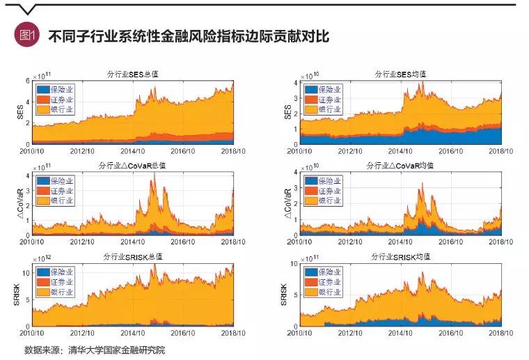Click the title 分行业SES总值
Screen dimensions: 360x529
pyautogui.click(x=133, y=74)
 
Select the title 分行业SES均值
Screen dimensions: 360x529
pyautogui.click(x=400, y=74)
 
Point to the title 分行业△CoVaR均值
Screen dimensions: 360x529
pyautogui.click(x=400, y=166)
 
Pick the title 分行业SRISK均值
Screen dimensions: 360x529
pyautogui.click(x=400, y=258)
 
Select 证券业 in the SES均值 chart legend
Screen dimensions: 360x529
pyautogui.click(x=329, y=100)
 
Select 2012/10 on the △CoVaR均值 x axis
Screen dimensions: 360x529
pyautogui.click(x=350, y=242)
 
